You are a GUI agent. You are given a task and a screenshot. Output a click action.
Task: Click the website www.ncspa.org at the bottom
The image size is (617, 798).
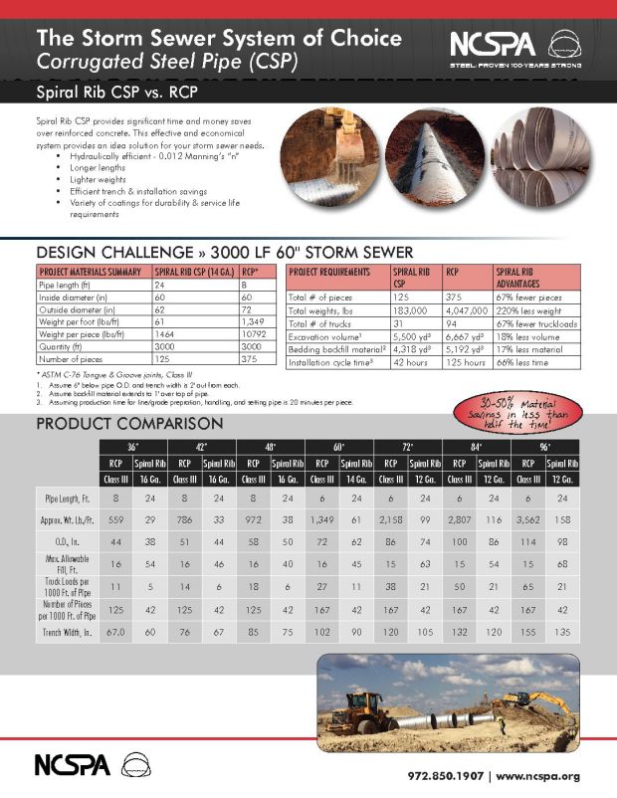coord(537,775)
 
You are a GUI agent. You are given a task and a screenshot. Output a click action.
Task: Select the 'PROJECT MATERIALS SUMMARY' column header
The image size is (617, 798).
coord(89,271)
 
